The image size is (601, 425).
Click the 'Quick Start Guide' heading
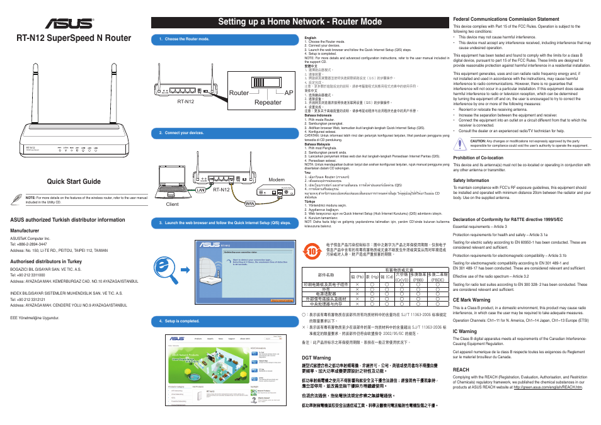[74, 182]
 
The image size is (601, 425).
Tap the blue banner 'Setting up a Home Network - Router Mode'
[300, 21]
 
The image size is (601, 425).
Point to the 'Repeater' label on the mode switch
[268, 102]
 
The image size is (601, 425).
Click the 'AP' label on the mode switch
[289, 93]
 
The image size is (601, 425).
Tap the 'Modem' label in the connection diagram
[277, 179]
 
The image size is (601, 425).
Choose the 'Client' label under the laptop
[172, 204]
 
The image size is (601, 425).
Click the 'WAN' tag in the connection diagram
[249, 203]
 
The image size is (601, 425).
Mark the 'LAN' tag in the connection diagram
[201, 190]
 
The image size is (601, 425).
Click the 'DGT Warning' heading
[317, 357]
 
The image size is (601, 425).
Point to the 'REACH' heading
[461, 370]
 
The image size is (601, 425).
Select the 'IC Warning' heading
[465, 331]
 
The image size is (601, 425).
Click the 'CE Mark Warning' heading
[472, 300]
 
